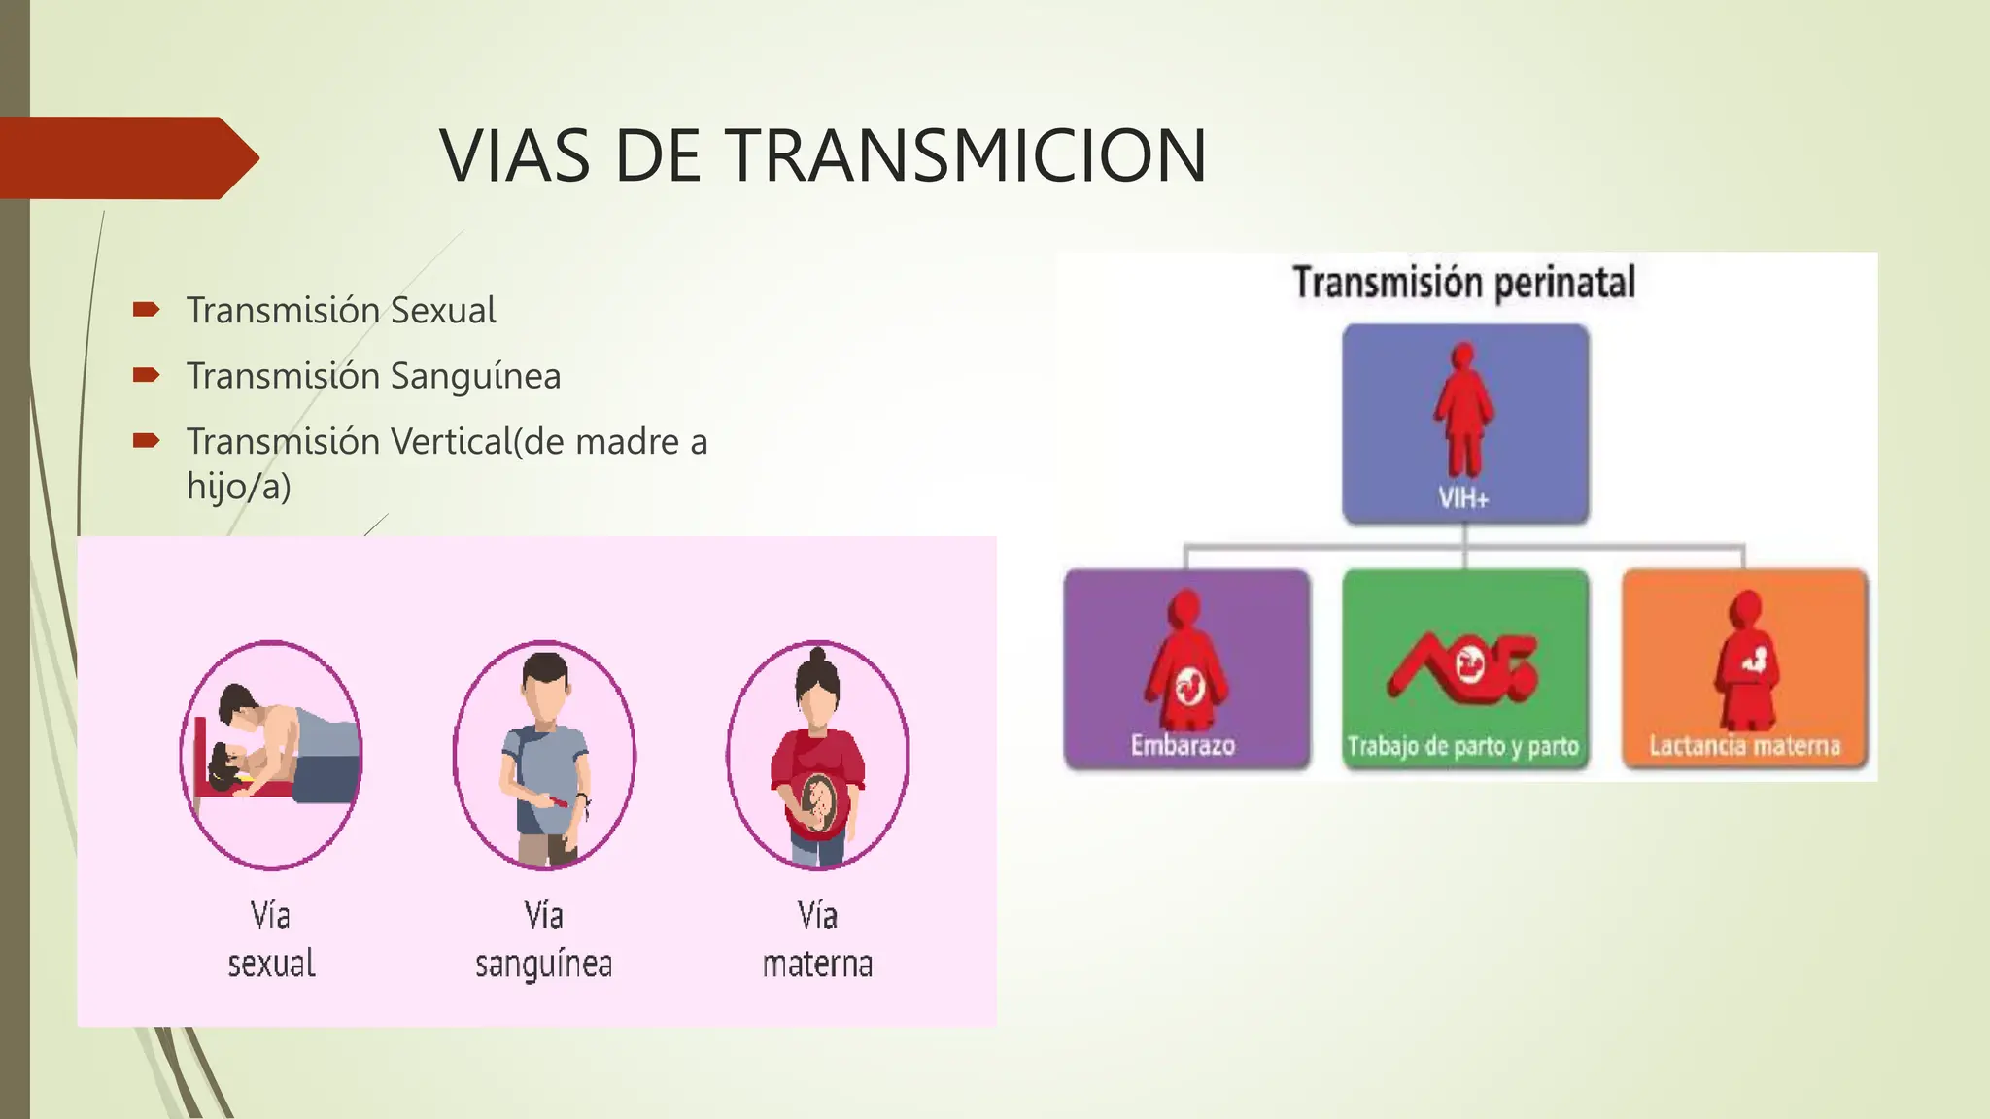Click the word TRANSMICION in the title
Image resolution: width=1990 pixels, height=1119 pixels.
point(966,155)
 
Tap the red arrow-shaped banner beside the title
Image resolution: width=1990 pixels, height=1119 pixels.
point(126,158)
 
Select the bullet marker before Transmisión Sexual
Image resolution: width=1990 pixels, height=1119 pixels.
point(146,310)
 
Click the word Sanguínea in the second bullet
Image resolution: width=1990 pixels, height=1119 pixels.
point(475,376)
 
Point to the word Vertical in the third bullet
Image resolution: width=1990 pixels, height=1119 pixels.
point(450,442)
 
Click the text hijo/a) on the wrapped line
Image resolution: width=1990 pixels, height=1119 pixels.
point(238,486)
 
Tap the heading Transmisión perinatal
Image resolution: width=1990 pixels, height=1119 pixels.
point(1463,284)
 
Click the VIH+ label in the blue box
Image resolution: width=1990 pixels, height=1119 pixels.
point(1463,499)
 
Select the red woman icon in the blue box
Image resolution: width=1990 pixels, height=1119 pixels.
point(1463,408)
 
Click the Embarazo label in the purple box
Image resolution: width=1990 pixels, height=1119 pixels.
point(1183,746)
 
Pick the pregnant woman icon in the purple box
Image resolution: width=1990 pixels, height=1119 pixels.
point(1186,661)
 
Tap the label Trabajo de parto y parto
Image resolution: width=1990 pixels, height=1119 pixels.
point(1462,747)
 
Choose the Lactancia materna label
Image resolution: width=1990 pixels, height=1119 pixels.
point(1744,746)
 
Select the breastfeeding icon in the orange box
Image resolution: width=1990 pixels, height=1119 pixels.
point(1746,661)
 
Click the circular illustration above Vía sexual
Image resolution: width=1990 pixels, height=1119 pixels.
point(271,755)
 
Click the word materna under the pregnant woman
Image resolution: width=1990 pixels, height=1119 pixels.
point(817,965)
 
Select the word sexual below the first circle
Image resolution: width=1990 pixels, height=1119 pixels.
point(271,965)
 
